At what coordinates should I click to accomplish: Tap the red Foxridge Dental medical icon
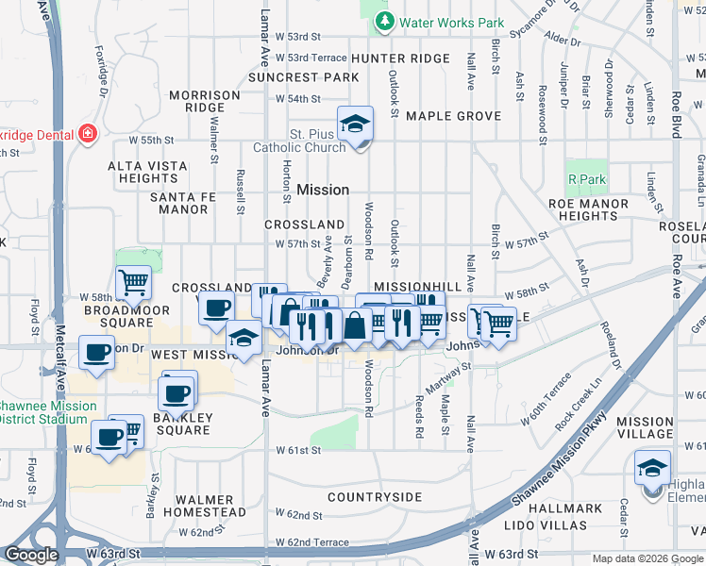(89, 133)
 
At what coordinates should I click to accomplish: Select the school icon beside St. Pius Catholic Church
(356, 125)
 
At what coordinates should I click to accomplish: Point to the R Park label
(586, 178)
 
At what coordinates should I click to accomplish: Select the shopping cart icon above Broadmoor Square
(133, 281)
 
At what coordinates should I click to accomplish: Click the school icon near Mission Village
(652, 469)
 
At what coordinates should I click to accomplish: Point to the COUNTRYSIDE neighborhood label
(375, 496)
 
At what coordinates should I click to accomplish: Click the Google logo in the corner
(31, 556)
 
